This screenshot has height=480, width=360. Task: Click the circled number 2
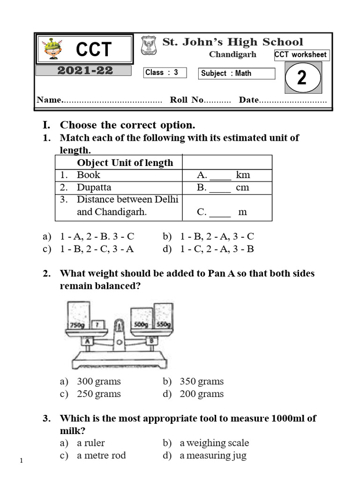click(302, 77)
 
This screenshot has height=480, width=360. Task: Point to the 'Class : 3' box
click(165, 73)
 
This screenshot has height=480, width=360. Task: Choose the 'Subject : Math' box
click(237, 73)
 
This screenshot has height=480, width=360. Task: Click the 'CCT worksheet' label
click(300, 55)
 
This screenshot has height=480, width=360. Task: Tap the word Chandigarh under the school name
click(232, 54)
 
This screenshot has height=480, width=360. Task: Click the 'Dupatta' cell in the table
click(94, 187)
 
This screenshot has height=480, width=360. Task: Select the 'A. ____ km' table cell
click(224, 175)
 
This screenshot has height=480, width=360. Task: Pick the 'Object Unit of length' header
click(125, 163)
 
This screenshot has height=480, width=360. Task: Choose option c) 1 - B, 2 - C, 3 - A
click(97, 249)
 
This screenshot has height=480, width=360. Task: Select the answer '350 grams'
click(202, 381)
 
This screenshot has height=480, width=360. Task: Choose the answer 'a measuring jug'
click(214, 455)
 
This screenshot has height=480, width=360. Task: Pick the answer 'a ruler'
click(91, 442)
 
